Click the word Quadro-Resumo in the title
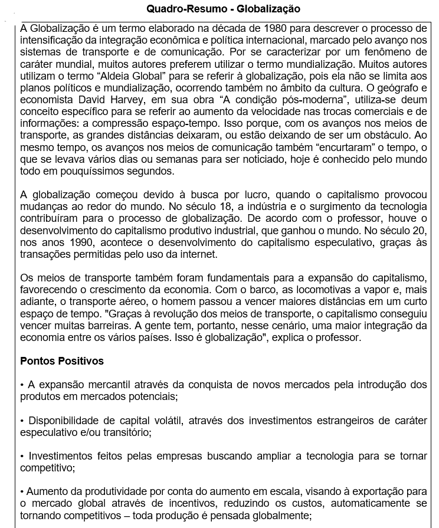pyautogui.click(x=178, y=9)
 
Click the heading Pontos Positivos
pyautogui.click(x=62, y=360)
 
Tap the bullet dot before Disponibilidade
pyautogui.click(x=22, y=421)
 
